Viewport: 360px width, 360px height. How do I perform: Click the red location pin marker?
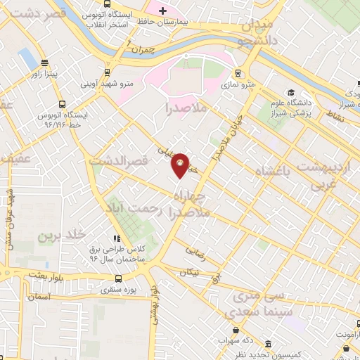click(x=181, y=165)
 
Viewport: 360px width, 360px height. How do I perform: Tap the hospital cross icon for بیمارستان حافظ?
click(x=162, y=11)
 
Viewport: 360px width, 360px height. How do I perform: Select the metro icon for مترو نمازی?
click(x=238, y=72)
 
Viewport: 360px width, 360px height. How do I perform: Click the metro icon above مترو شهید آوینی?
click(x=107, y=71)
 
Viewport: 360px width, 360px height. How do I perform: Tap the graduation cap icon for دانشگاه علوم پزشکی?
click(x=290, y=92)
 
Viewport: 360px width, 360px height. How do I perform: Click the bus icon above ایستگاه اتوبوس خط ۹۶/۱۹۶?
click(x=63, y=102)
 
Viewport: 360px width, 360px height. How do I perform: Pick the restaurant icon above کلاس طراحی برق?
click(x=117, y=238)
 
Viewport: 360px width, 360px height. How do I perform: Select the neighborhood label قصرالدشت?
click(x=118, y=161)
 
